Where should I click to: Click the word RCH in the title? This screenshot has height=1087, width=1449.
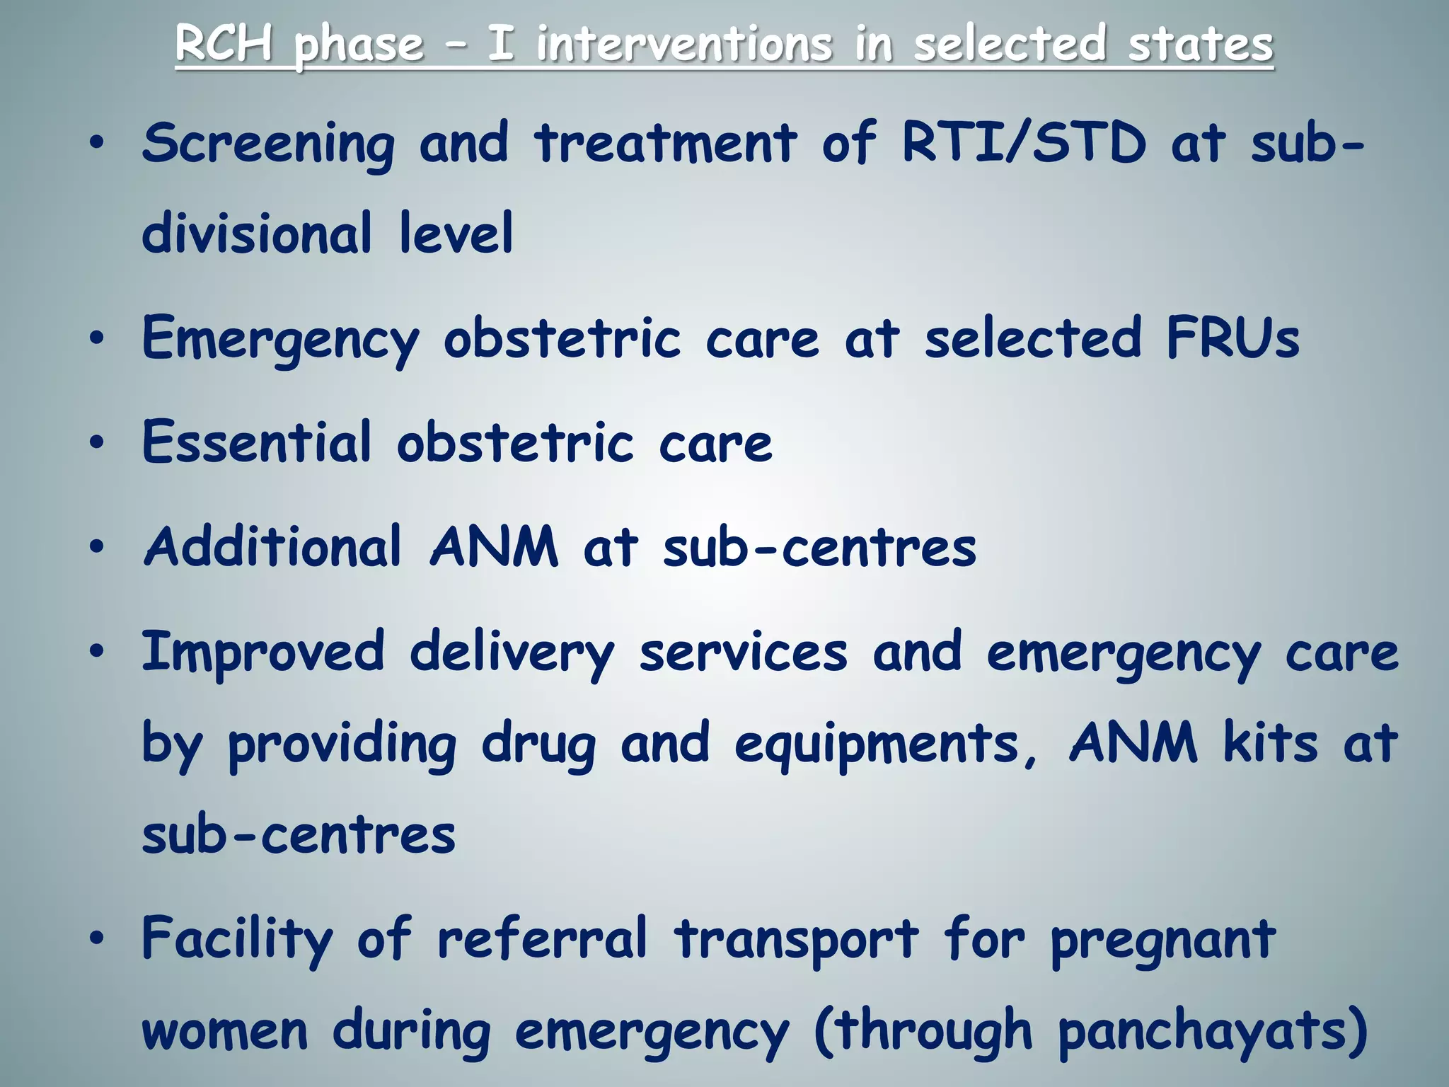point(224,44)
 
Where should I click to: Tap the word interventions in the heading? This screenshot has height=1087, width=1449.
point(684,44)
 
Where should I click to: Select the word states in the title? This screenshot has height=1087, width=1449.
point(1200,44)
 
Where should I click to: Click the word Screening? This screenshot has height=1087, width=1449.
point(268,144)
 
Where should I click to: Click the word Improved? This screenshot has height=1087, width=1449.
point(263,652)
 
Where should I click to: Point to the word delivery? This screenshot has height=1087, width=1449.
point(512,652)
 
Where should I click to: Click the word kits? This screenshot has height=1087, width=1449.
point(1271,743)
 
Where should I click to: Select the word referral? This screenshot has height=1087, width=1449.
point(542,939)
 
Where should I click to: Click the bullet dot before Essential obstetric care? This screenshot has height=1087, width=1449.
point(97,443)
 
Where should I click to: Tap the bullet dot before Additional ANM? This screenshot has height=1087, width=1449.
point(97,547)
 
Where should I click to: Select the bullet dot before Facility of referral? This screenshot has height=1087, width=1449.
point(97,938)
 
